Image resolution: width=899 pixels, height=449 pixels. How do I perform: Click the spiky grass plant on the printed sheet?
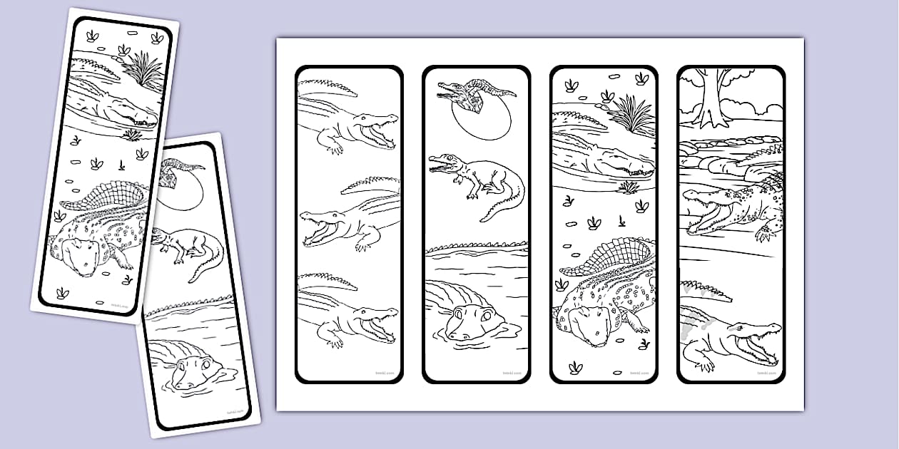click(631, 114)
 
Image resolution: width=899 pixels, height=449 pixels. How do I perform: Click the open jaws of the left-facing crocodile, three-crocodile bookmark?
click(321, 231)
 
